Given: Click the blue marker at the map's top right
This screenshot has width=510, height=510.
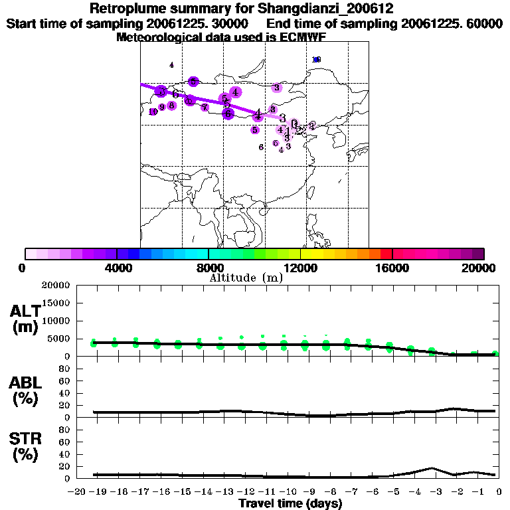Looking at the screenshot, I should (x=317, y=60).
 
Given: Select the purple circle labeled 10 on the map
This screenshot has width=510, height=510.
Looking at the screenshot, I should (x=153, y=112).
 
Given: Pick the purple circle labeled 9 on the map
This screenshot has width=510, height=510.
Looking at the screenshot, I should (x=162, y=107).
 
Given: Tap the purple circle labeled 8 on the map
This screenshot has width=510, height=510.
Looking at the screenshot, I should (x=171, y=105).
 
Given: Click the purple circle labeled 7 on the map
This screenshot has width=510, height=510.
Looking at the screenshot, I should (x=205, y=107).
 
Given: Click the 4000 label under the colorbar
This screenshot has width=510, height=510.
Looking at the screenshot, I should (x=116, y=268).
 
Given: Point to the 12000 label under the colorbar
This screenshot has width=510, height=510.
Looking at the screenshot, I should (x=301, y=268).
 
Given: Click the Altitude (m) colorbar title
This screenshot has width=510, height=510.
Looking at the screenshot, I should (x=246, y=278).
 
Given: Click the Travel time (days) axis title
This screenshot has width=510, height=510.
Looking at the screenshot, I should (x=290, y=504).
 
